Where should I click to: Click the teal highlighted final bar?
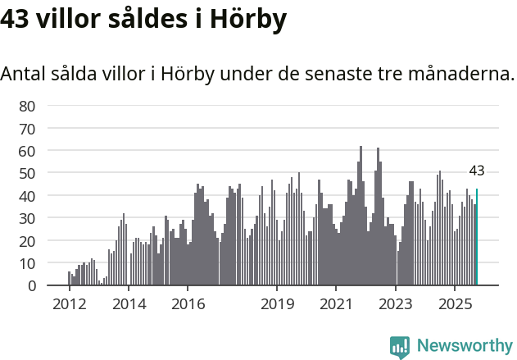(x=477, y=238)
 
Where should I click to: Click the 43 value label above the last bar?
(x=477, y=171)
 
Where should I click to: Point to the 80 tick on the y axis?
(x=27, y=106)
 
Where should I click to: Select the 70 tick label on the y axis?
(x=27, y=129)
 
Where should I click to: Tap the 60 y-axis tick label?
(x=27, y=151)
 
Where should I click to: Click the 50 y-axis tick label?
(x=27, y=174)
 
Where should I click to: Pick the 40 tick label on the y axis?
(x=27, y=196)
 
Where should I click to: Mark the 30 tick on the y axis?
(x=27, y=219)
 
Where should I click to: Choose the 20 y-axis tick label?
(x=27, y=241)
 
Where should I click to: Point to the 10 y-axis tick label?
(x=27, y=264)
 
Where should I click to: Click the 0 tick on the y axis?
(x=31, y=286)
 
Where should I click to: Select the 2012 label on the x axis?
(x=69, y=304)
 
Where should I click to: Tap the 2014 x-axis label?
(x=129, y=304)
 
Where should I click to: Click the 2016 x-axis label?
(x=188, y=304)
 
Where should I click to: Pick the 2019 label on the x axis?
(x=277, y=304)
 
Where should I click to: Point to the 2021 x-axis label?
(x=336, y=304)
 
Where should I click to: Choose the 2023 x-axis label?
(x=396, y=304)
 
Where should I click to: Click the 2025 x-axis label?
(x=455, y=304)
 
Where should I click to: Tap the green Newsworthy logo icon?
(x=400, y=347)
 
